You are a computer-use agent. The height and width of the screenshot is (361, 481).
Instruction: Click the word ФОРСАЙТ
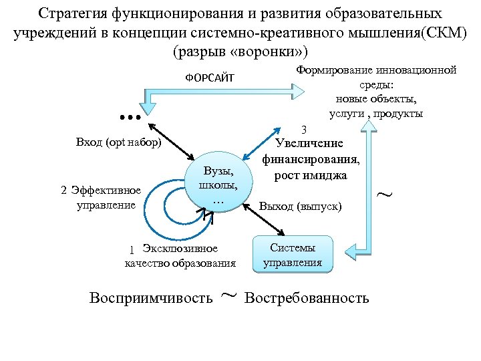coord(210,78)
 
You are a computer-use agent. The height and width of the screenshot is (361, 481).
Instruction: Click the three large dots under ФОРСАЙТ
coord(130,118)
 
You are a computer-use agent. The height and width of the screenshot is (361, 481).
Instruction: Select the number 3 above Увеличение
coord(304,129)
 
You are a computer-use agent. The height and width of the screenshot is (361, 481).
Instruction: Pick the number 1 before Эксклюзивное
coord(132,250)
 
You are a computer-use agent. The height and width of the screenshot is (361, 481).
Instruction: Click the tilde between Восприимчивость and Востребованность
coord(228,295)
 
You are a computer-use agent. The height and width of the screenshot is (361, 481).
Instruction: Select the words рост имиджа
coord(310,175)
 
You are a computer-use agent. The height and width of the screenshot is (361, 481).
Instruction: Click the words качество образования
coord(180,263)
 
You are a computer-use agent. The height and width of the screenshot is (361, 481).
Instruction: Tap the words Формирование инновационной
coord(376,70)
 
